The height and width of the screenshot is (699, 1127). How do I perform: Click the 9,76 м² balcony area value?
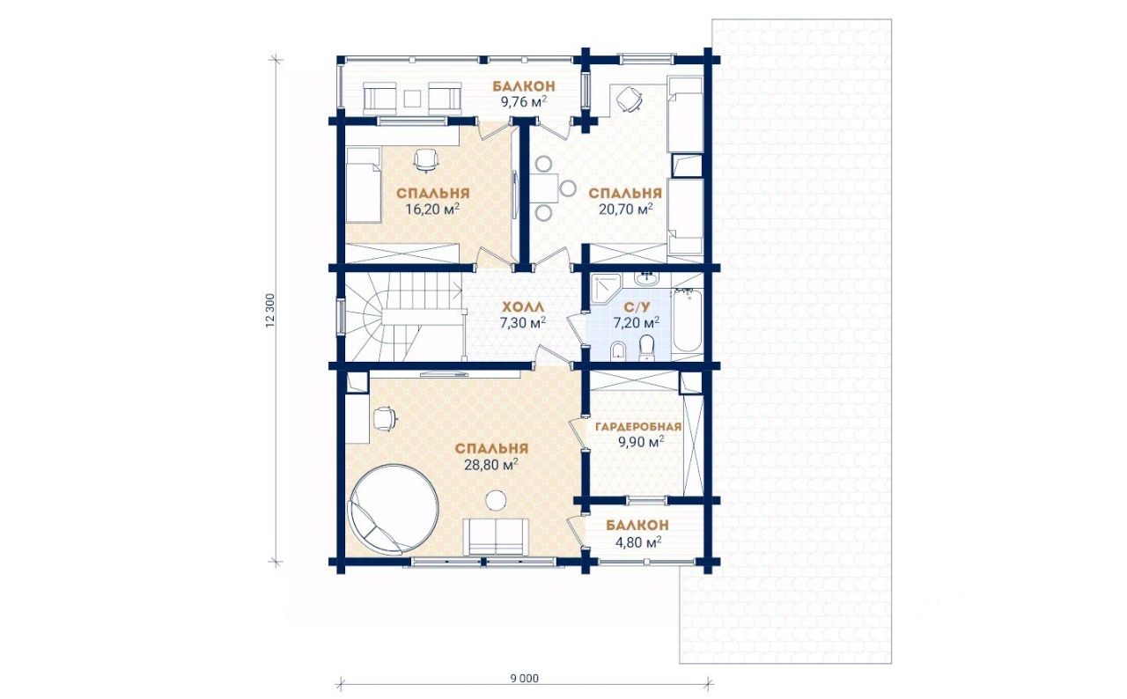coord(524,102)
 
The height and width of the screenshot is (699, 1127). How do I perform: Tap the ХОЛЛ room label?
coord(523,306)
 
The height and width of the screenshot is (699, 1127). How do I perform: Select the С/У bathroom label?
coord(637,306)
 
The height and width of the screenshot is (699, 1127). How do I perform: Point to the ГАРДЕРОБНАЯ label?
coord(638,427)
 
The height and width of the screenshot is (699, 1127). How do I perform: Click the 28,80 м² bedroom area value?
coord(491,465)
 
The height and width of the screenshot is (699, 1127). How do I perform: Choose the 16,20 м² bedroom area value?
coord(432,209)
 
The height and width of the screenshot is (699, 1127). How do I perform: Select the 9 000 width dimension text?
coord(524,679)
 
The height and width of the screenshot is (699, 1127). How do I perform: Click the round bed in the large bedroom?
coord(394,509)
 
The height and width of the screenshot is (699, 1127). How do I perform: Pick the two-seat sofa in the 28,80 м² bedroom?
coord(496,536)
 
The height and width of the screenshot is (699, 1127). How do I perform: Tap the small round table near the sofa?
coord(497,500)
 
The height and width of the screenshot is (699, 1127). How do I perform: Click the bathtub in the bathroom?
coord(688,320)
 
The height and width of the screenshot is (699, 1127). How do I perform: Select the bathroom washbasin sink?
coord(645,278)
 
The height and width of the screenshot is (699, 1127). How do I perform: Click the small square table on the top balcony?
coord(413,98)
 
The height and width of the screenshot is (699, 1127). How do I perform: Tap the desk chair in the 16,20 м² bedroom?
coord(425,160)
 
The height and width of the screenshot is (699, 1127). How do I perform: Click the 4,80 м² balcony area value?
coord(638,542)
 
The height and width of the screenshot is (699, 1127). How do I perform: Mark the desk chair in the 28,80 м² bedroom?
coord(385,418)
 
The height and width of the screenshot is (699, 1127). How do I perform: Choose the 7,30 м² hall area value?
coord(523,322)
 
